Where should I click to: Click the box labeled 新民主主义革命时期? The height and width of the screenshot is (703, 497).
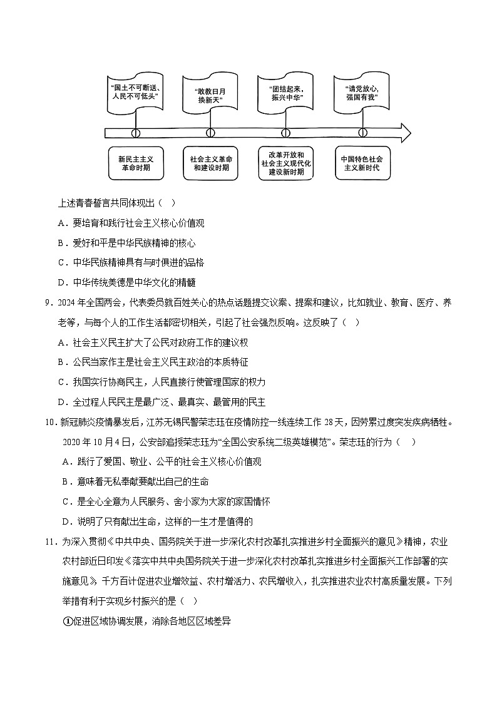pos(135,163)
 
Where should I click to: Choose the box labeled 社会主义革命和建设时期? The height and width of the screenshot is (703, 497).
pos(210,163)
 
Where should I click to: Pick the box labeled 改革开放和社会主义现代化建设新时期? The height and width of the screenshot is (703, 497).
pos(286,163)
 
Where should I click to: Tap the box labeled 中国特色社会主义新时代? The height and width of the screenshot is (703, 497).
pos(362,163)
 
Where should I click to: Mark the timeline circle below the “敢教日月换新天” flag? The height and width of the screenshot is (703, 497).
pos(210,133)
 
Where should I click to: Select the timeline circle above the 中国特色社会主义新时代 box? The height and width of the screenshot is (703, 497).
pos(362,133)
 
